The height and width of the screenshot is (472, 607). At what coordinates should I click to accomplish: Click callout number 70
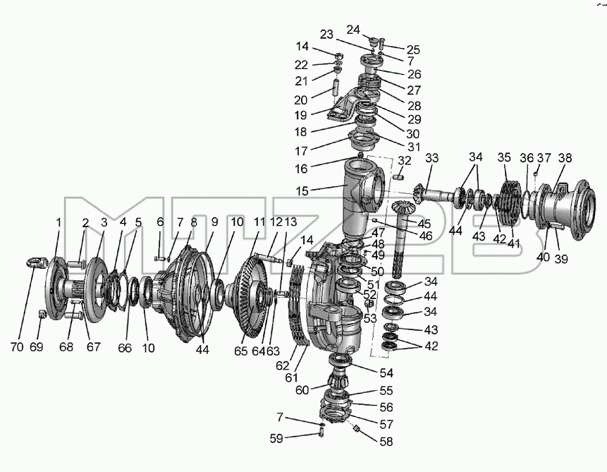pyautogui.click(x=17, y=346)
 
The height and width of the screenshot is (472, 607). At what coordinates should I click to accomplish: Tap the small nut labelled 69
pyautogui.click(x=42, y=314)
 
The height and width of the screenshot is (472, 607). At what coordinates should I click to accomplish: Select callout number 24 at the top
pyautogui.click(x=353, y=30)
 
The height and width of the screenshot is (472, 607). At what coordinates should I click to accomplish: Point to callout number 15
pyautogui.click(x=302, y=190)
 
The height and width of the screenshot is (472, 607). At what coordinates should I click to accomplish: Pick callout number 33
pyautogui.click(x=431, y=158)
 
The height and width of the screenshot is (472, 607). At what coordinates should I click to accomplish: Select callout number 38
pyautogui.click(x=565, y=158)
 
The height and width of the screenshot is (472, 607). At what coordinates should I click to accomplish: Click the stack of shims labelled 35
pyautogui.click(x=512, y=202)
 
